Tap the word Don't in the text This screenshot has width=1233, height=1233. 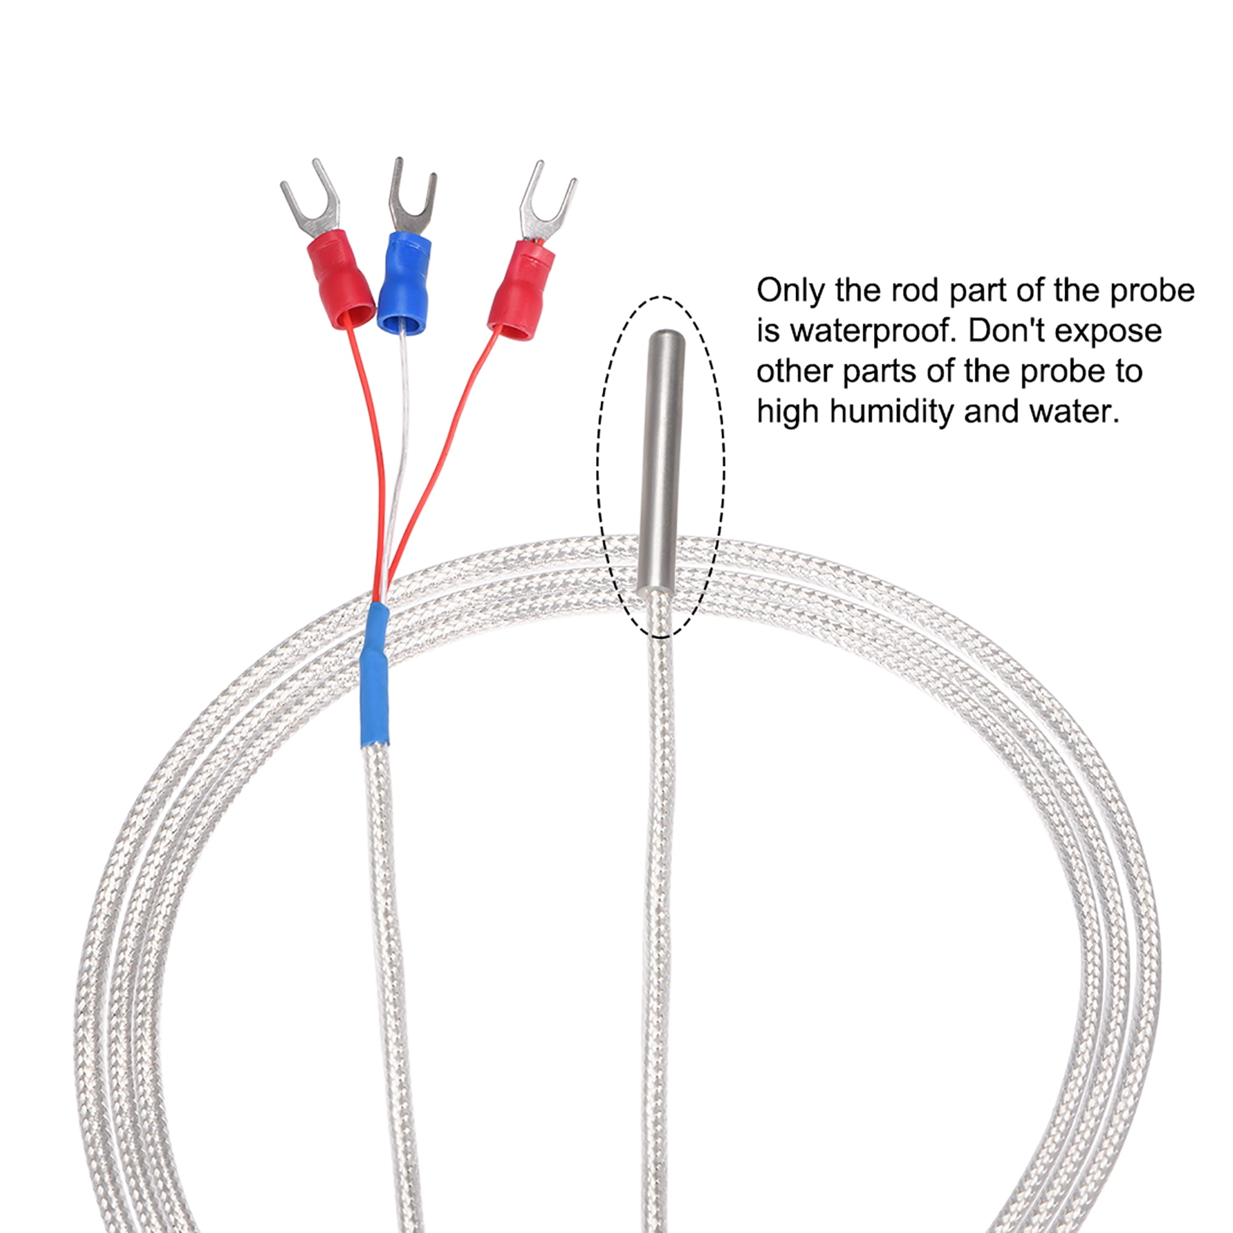click(x=1009, y=331)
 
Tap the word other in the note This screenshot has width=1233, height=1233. click(x=795, y=371)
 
